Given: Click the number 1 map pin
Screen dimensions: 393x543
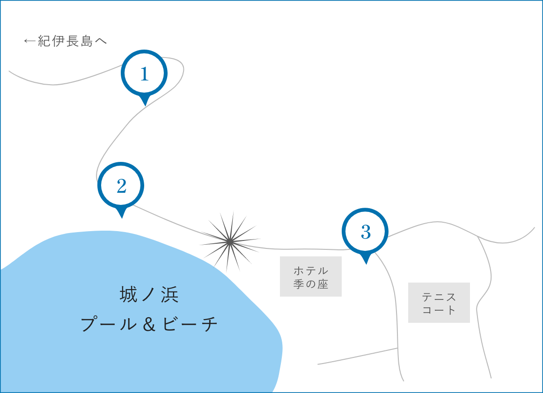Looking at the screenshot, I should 144,73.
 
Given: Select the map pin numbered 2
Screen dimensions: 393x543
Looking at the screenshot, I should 121,186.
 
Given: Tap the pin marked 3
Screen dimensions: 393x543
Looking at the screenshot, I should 366,232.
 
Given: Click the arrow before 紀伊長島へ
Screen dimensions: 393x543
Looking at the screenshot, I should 29,42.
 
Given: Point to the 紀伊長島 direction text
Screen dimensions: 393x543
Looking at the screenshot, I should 72,42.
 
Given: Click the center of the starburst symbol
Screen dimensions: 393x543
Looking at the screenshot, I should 230,241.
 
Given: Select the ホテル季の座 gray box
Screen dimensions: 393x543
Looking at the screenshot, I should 311,277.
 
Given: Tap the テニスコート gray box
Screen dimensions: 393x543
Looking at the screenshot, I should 439,303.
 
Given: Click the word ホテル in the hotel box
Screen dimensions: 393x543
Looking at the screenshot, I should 311,271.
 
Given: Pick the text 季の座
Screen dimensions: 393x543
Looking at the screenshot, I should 311,284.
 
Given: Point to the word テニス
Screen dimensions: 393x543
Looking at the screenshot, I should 439,297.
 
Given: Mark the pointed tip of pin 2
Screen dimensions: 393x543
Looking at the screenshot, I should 122,217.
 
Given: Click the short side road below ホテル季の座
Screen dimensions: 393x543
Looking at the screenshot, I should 358,356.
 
